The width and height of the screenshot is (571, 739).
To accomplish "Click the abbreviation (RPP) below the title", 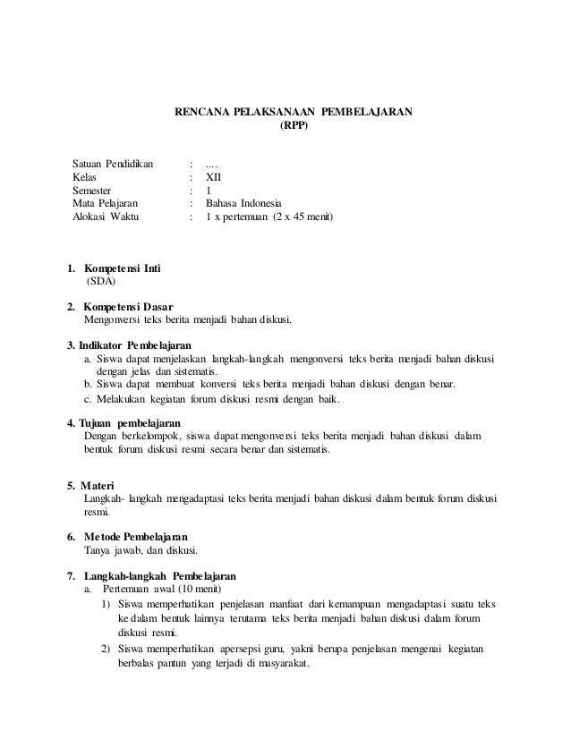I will click(294, 127).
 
